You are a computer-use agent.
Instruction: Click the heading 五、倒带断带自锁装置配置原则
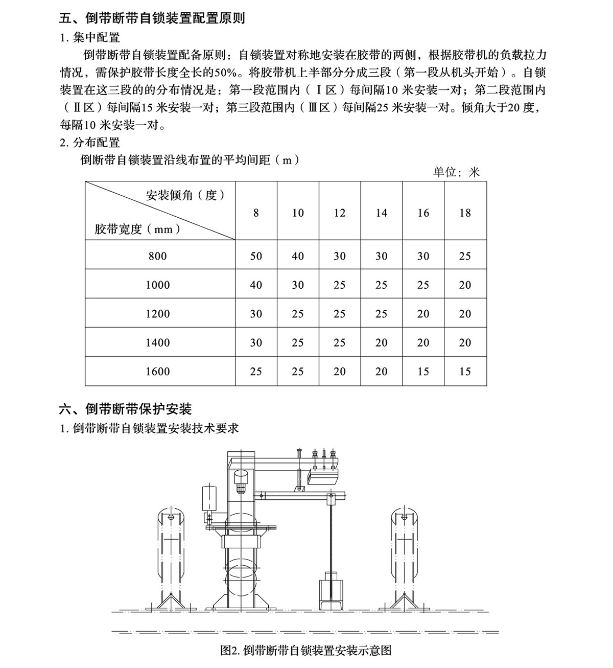pos(152,18)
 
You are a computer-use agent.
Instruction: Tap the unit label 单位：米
pos(456,172)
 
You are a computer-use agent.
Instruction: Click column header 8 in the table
pos(256,213)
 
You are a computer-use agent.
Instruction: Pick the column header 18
pos(465,213)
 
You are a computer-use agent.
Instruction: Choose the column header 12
pos(340,213)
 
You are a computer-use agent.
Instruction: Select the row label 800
pos(157,256)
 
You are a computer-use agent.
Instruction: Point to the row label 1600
pos(157,372)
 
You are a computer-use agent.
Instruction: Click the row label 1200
pos(157,314)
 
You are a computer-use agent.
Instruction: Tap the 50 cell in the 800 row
pos(256,256)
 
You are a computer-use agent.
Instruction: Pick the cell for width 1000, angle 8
pos(256,285)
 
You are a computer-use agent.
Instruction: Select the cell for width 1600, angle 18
pos(465,372)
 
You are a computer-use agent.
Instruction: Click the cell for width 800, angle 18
pos(465,256)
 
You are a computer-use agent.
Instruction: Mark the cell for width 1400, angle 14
pos(382,342)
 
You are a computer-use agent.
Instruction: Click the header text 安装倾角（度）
pos(185,195)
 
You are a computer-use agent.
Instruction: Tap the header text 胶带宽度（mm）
pos(137,229)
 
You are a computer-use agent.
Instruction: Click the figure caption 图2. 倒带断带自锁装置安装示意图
pos(306,650)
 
